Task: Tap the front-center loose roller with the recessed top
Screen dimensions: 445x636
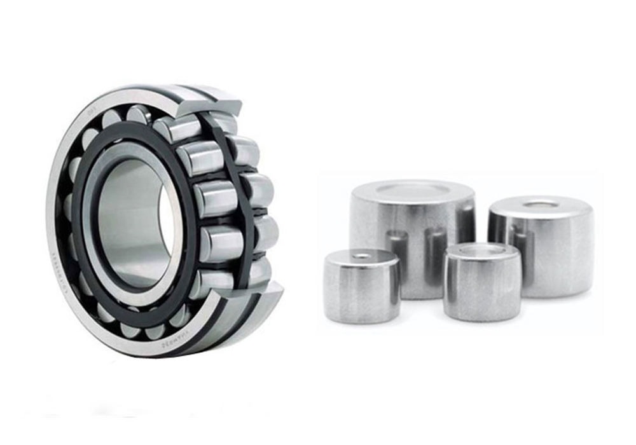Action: [x=482, y=286]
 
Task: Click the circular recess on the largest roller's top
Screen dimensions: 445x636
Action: [x=411, y=189]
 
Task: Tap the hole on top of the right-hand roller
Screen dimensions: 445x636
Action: [x=541, y=204]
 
